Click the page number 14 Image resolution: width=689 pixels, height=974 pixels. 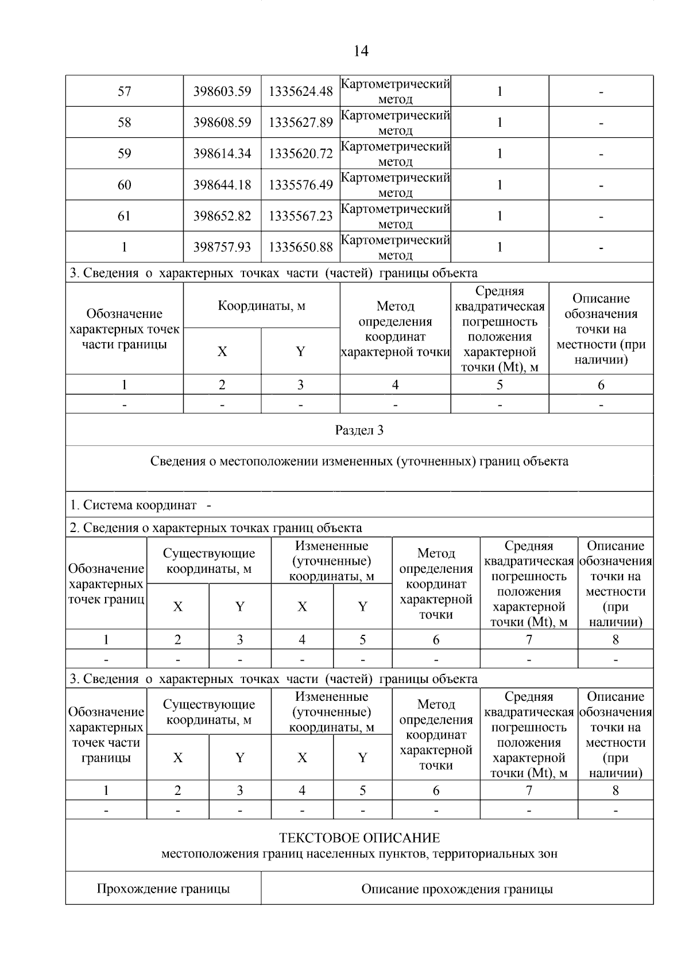pos(360,51)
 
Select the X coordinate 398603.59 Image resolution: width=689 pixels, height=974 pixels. pos(222,91)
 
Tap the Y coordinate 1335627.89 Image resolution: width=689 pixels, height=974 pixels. pos(300,122)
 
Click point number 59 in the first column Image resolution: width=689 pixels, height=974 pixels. pos(124,153)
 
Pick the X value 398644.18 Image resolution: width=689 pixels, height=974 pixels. pos(222,185)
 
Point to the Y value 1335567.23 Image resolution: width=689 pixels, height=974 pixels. pos(300,216)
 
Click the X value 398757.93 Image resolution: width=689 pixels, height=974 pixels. pos(222,247)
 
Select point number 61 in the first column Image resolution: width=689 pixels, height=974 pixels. pos(124,216)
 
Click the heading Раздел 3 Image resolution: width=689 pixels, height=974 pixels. pos(359,430)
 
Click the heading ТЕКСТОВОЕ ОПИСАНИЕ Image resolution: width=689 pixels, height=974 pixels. pos(359,838)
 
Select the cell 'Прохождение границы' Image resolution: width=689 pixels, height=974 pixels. pos(163,889)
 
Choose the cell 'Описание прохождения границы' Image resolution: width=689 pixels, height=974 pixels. pos(457,889)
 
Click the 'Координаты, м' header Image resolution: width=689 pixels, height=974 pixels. pos(261,306)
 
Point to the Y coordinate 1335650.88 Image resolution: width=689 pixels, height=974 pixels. pos(300,247)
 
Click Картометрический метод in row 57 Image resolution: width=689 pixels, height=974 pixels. pos(395,91)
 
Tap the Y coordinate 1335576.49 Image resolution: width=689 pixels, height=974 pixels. pos(300,185)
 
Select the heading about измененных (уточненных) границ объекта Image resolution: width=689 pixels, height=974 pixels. pos(359,461)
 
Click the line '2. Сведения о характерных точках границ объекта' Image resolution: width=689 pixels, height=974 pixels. pos(216,527)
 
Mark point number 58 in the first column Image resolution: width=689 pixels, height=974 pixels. pos(124,122)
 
